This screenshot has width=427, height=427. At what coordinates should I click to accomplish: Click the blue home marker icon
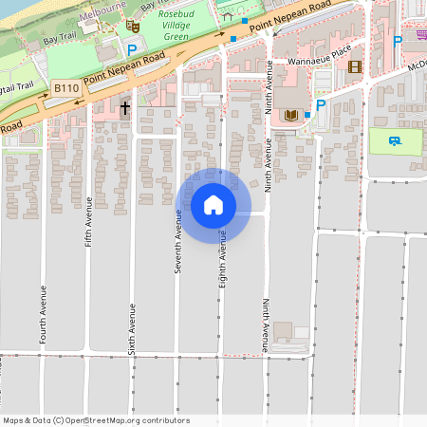213,205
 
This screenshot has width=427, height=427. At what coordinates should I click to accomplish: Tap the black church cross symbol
124,108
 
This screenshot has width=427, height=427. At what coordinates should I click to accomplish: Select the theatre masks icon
120,27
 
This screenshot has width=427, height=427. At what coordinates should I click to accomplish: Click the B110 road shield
65,88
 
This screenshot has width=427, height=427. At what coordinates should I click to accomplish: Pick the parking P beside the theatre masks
132,50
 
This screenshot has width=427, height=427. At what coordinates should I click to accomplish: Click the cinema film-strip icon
355,66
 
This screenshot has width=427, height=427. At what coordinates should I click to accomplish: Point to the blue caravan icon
394,140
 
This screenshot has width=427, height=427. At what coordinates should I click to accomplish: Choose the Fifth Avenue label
88,221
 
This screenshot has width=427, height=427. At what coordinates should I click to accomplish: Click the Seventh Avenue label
177,244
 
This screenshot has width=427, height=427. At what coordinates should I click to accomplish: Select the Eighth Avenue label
224,252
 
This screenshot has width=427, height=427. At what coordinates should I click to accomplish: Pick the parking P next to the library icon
321,105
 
